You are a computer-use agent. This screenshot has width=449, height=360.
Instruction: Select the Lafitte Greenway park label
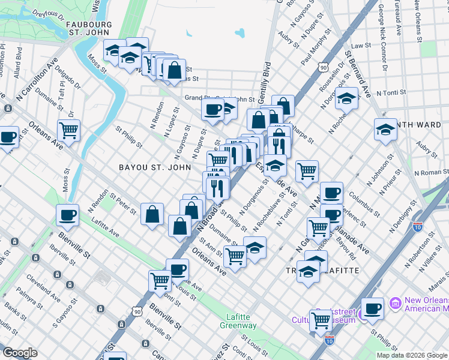click(242, 321)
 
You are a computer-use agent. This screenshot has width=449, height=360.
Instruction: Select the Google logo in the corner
click(20, 353)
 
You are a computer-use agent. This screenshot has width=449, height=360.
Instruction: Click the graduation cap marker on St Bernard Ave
click(346, 97)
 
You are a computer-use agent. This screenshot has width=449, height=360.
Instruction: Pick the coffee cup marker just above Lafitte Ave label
click(68, 215)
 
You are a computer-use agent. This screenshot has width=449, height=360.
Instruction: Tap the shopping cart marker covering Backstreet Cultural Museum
click(321, 320)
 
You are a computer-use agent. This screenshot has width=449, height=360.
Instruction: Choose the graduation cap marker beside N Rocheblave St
click(255, 247)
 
